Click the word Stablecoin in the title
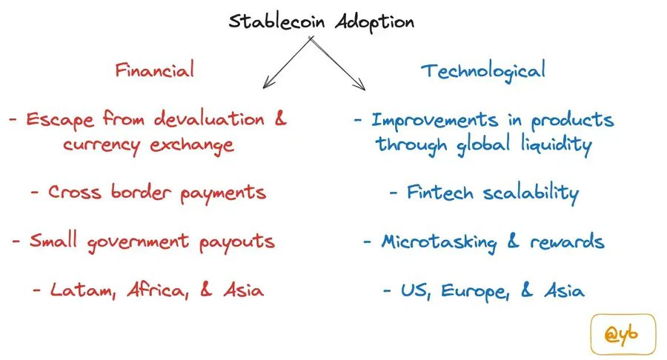coord(276,21)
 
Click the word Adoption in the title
coord(374,22)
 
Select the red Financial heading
coord(154,70)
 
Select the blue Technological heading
coord(482,71)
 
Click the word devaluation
coord(209,119)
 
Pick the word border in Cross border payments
coord(141,192)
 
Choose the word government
coord(139,242)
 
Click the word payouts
coord(237,242)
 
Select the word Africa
coord(157,290)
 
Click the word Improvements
coord(435,121)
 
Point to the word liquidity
coord(557,144)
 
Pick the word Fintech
coord(440,192)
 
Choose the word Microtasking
coord(439,242)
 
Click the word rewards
coord(567,241)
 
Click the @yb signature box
coord(623,334)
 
